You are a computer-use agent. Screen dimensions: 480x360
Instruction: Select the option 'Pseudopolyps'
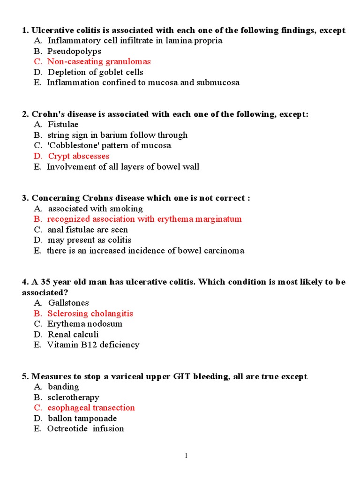pyautogui.click(x=74, y=51)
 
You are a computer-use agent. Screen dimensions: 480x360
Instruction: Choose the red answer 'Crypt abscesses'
pyautogui.click(x=78, y=156)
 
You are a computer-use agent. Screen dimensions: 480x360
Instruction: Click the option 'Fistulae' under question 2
pyautogui.click(x=63, y=125)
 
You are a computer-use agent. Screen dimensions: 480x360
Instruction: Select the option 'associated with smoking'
pyautogui.click(x=95, y=209)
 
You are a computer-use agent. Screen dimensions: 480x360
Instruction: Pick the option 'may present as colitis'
pyautogui.click(x=89, y=240)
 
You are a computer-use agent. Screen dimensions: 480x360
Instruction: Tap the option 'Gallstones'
pyautogui.click(x=68, y=303)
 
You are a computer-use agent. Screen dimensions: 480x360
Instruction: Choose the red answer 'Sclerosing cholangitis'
pyautogui.click(x=90, y=314)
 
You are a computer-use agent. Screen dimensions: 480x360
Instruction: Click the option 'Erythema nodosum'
pyautogui.click(x=84, y=324)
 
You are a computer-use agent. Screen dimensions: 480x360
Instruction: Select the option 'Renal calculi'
pyautogui.click(x=73, y=334)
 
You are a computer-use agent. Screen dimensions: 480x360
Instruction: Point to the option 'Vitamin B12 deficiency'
pyautogui.click(x=93, y=345)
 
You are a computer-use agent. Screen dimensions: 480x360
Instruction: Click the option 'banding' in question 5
pyautogui.click(x=63, y=387)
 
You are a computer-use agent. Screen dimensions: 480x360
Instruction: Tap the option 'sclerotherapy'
pyautogui.click(x=73, y=397)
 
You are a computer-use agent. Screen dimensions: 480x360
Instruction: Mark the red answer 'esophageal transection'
pyautogui.click(x=91, y=408)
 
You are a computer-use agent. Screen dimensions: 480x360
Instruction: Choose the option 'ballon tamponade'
pyautogui.click(x=82, y=418)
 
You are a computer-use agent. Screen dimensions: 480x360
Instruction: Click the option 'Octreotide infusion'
pyautogui.click(x=85, y=428)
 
